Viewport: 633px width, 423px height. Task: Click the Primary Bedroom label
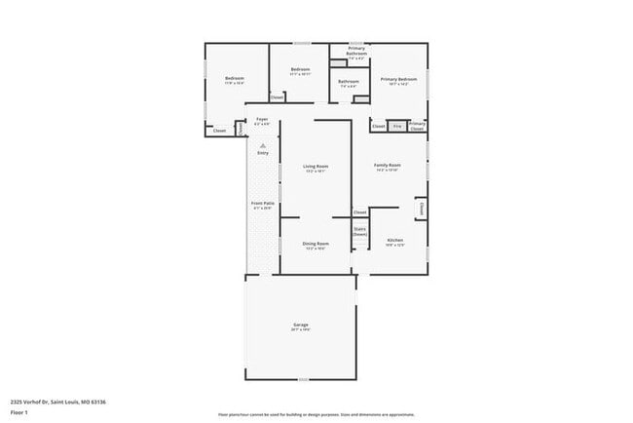click(398, 79)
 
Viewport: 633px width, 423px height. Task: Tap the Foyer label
click(262, 119)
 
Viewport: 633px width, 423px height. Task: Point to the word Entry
click(263, 153)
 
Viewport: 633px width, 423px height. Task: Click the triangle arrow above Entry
click(263, 144)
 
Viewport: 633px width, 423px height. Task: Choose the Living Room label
click(315, 167)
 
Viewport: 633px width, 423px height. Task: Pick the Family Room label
click(388, 166)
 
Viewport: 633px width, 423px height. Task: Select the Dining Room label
click(315, 244)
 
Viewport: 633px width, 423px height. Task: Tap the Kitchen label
click(394, 240)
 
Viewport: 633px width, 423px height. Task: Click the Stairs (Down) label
click(359, 232)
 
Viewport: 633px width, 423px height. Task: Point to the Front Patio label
click(263, 204)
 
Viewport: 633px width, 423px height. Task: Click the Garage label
click(301, 325)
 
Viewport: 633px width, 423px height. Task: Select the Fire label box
click(396, 126)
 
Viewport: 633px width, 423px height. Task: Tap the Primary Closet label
click(417, 125)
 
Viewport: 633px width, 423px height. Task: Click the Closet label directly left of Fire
click(378, 126)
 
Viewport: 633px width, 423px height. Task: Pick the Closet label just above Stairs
click(359, 211)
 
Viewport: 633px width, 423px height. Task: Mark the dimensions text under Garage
click(300, 329)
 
